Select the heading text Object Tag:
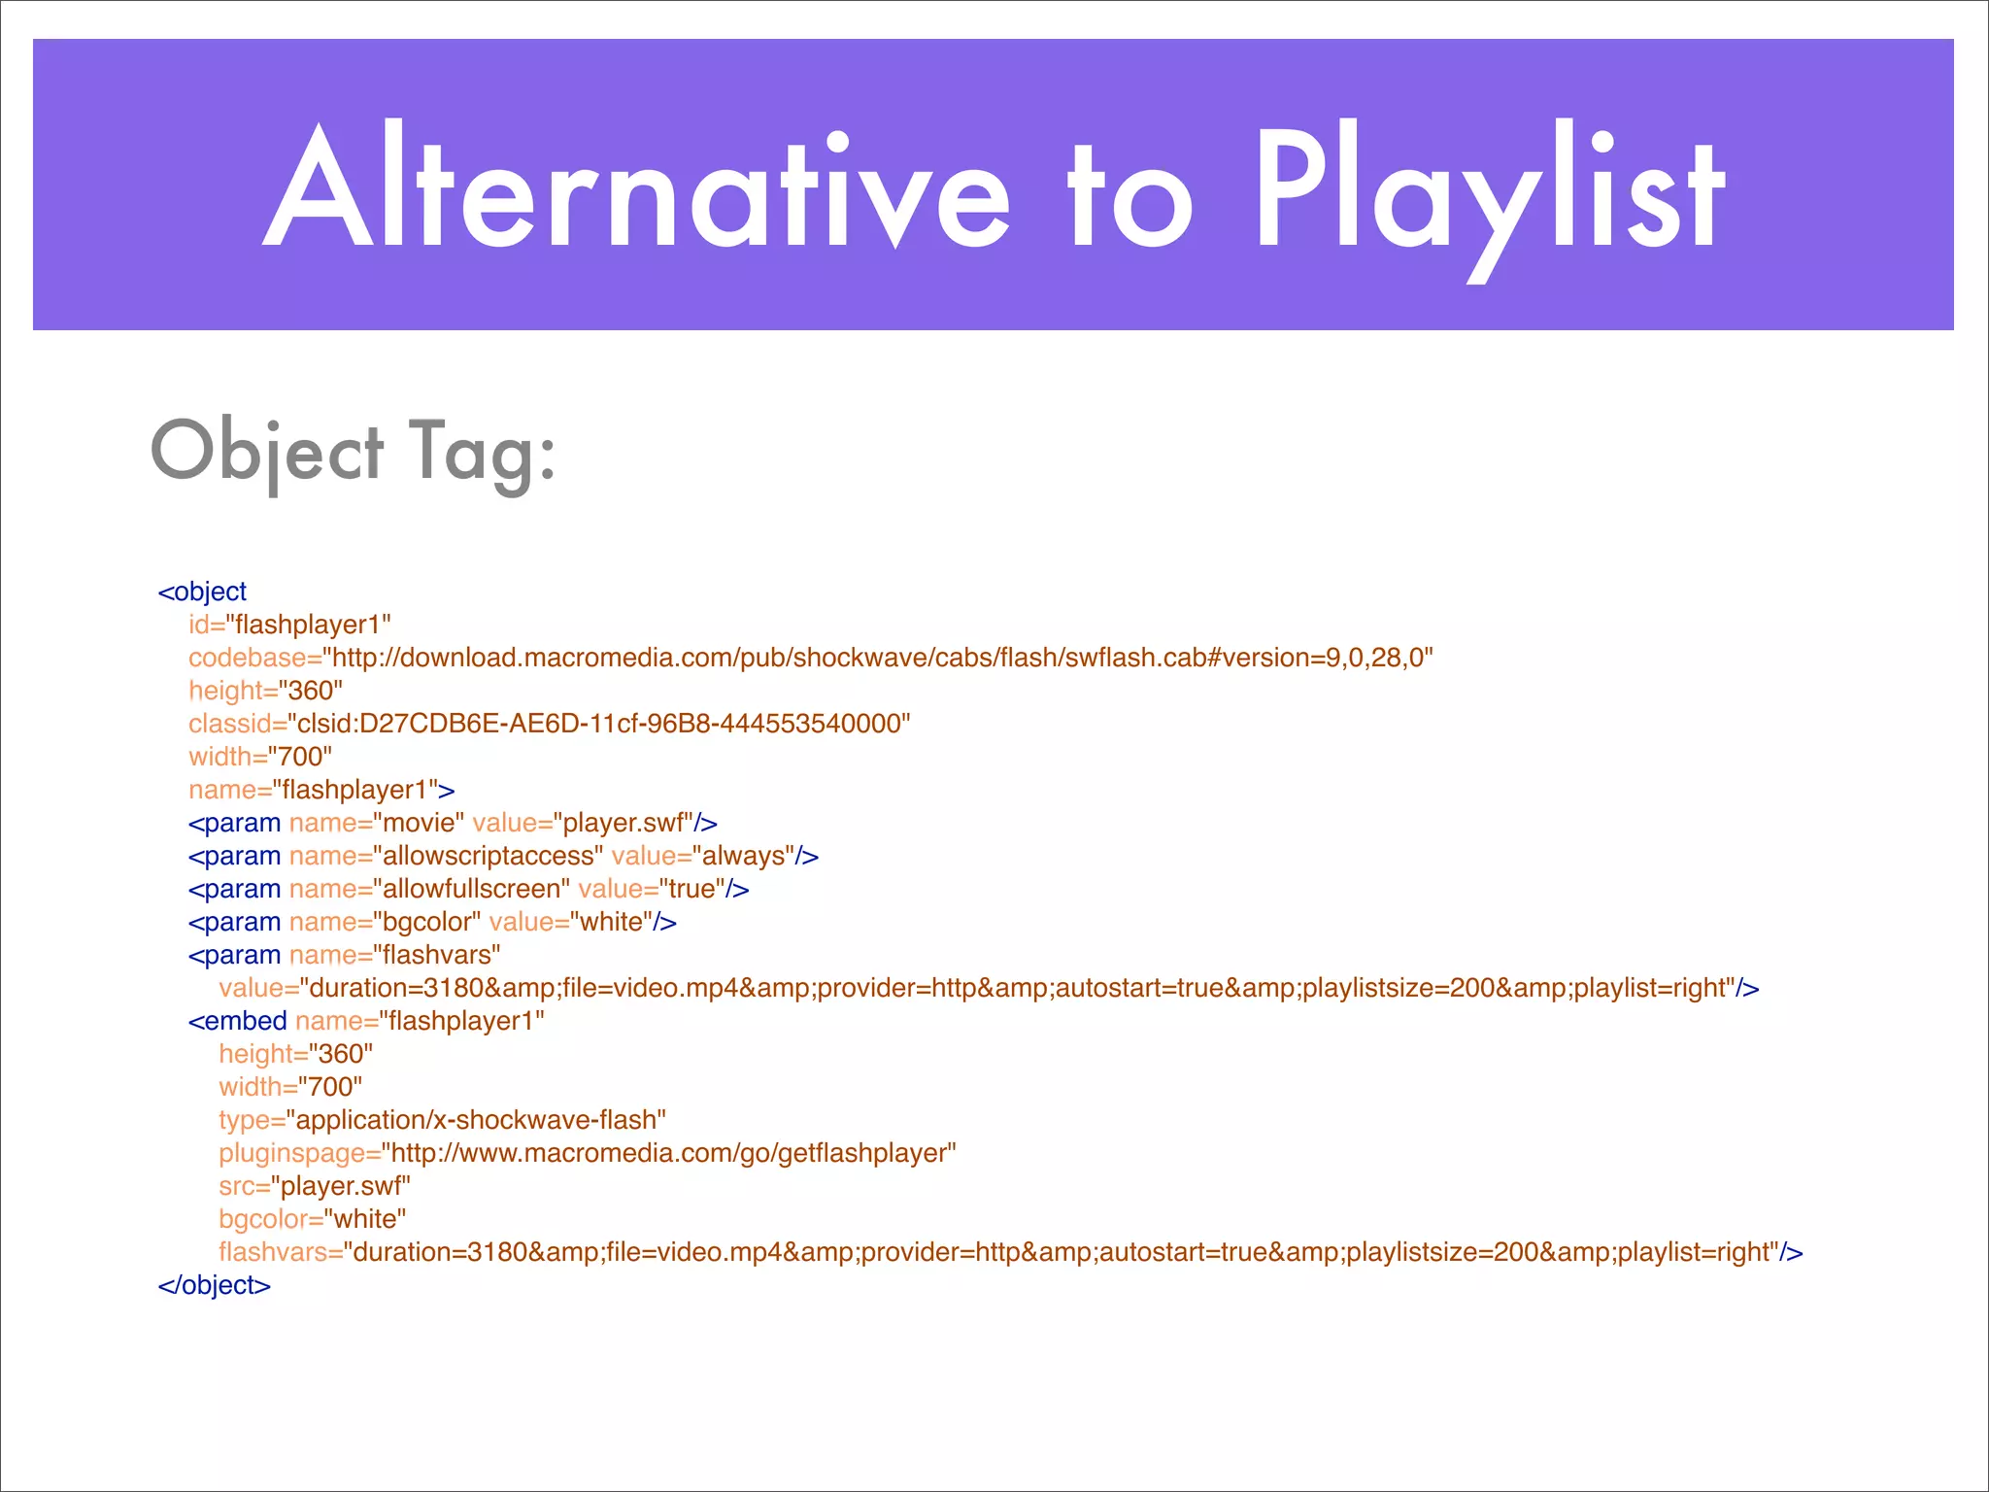point(354,452)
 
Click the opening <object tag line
point(202,592)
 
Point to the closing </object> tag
point(214,1285)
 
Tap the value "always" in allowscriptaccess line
point(743,856)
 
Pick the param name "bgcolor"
point(426,922)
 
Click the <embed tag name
point(237,1021)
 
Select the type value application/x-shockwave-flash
point(476,1120)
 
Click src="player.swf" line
point(315,1186)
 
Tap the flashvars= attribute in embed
point(281,1252)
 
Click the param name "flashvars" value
point(436,955)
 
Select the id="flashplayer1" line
point(289,625)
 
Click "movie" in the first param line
point(419,823)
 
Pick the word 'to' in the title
point(1129,194)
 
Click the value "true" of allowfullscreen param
point(691,889)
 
